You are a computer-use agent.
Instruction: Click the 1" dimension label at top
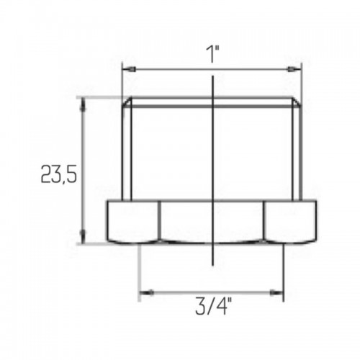tap(212, 54)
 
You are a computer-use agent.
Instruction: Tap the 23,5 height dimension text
tap(59, 174)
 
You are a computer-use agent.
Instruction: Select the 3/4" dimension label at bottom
tap(214, 306)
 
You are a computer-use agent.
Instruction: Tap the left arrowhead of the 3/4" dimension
tap(147, 293)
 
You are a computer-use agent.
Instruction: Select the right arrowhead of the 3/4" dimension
tap(276, 293)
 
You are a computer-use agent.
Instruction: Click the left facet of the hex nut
tap(133, 221)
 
